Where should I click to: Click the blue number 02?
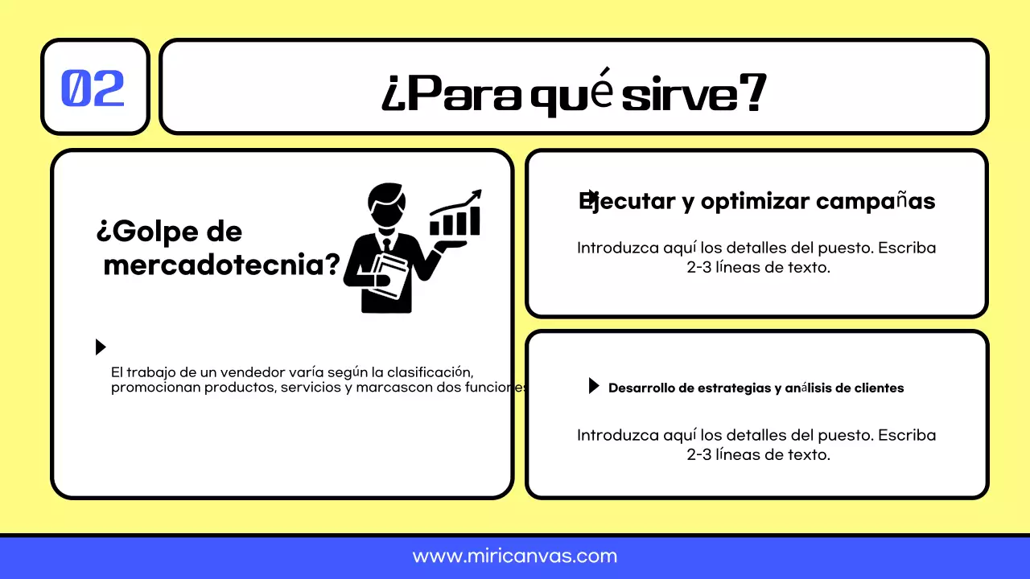[93, 88]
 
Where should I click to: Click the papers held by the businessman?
[389, 277]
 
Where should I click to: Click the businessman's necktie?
[387, 244]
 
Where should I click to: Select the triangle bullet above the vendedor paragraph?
[101, 347]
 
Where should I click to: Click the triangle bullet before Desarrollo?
[594, 386]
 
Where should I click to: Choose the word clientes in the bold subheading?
[874, 388]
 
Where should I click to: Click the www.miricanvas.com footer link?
[515, 556]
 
